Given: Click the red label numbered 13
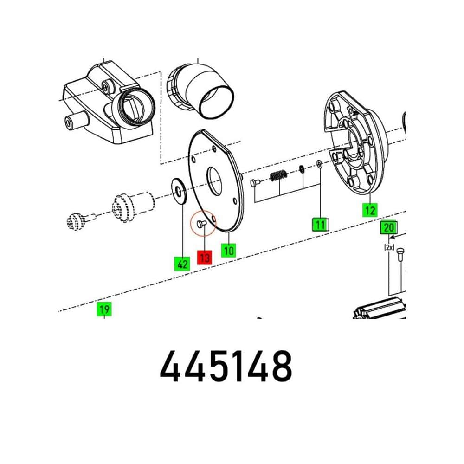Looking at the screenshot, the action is click(x=205, y=258).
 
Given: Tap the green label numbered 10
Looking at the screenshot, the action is click(x=228, y=251).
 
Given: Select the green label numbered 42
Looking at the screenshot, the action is click(x=182, y=264).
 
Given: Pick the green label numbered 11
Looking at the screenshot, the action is click(x=320, y=225).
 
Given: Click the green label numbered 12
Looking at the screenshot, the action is click(x=370, y=210).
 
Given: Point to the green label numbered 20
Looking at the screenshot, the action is click(x=388, y=227).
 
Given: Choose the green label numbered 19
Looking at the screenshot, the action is click(x=104, y=309).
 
